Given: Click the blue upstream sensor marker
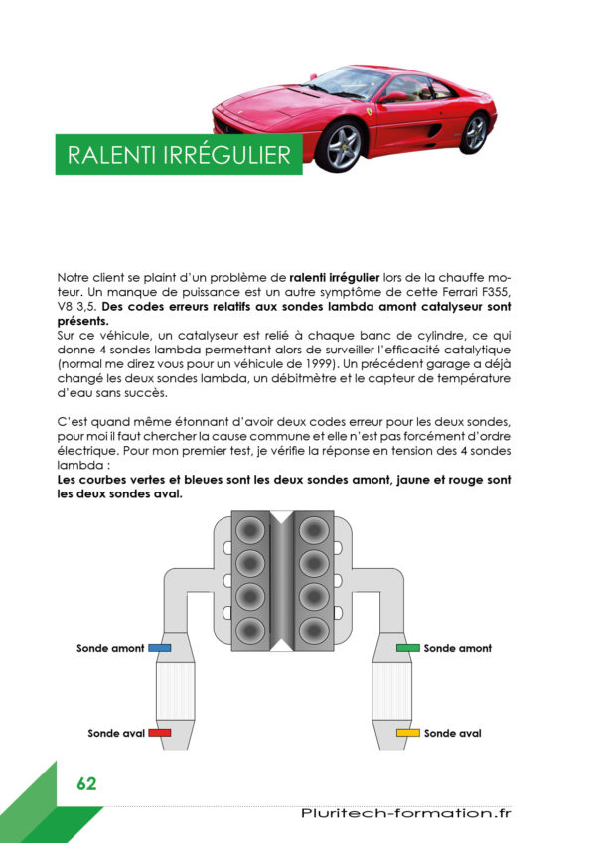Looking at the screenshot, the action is click(159, 648).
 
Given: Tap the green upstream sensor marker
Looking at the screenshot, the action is click(407, 648).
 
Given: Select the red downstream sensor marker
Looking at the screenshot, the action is click(159, 732).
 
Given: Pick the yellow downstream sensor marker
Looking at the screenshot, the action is click(407, 732).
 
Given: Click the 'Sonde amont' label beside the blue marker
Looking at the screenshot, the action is click(110, 648).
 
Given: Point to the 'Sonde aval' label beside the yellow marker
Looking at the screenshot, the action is click(452, 733).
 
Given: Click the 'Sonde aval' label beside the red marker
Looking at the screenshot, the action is click(116, 733).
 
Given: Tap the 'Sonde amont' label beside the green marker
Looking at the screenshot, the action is click(457, 648).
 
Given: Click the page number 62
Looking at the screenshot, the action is click(86, 783).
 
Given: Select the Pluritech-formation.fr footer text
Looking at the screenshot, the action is click(405, 813).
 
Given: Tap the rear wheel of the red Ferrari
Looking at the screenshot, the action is click(475, 133).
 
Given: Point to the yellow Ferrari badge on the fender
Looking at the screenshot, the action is click(369, 112).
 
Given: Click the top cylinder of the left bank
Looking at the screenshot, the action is click(250, 530).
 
